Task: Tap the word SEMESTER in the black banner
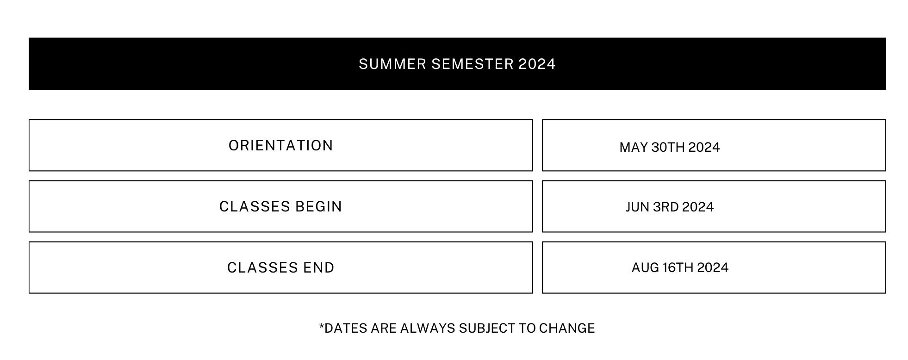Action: tap(473, 64)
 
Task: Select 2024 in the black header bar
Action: tap(537, 64)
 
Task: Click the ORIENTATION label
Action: tap(281, 145)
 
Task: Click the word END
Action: tap(319, 267)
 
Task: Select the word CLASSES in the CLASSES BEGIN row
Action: tap(255, 206)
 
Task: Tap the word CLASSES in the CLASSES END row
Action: tap(262, 267)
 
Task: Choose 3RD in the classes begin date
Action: tap(665, 207)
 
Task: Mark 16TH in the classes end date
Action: tap(678, 267)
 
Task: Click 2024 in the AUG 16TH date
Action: tap(713, 267)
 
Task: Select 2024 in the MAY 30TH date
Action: tap(704, 147)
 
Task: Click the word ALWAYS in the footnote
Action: tap(428, 328)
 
